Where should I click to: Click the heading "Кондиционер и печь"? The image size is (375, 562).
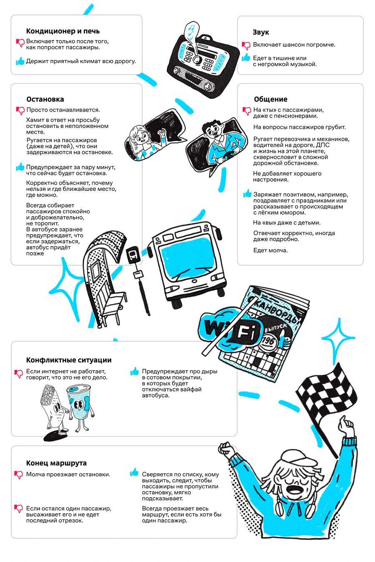click(62, 31)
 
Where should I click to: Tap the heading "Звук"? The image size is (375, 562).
click(261, 32)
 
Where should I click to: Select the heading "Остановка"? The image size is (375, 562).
click(45, 99)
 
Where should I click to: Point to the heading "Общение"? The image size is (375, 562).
click(270, 99)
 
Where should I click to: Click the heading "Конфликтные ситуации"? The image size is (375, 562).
click(69, 360)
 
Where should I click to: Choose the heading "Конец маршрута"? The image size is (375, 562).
click(56, 463)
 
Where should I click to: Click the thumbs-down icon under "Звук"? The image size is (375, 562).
click(246, 45)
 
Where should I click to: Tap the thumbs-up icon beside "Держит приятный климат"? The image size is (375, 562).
click(20, 61)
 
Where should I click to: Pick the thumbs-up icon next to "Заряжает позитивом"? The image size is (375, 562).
click(247, 194)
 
